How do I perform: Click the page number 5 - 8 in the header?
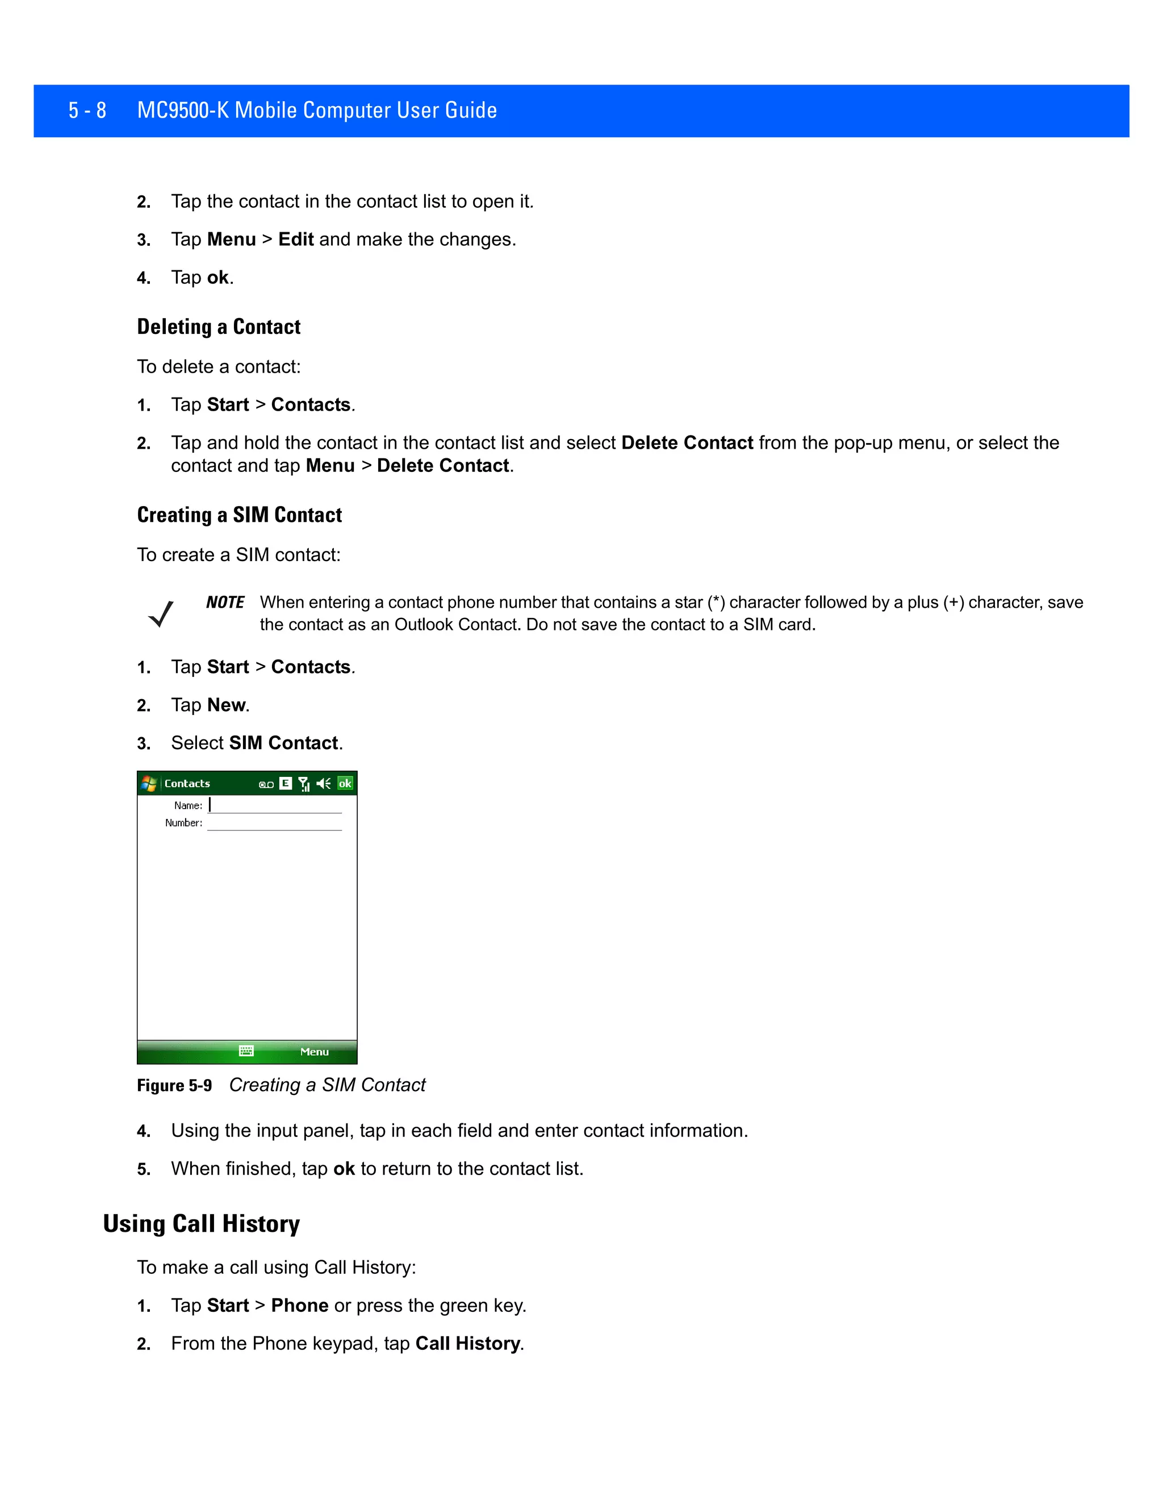(x=87, y=110)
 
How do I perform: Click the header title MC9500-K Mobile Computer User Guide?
(x=317, y=110)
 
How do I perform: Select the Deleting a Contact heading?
(x=219, y=327)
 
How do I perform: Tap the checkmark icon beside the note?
(x=161, y=613)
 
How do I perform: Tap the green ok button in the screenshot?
(x=345, y=784)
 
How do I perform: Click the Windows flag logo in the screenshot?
(x=149, y=784)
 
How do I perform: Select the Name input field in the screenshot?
(x=274, y=805)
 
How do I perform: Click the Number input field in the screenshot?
(x=274, y=823)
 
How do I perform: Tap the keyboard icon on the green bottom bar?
(x=246, y=1051)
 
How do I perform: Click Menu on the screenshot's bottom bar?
(x=314, y=1052)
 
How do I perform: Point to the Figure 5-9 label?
(x=174, y=1085)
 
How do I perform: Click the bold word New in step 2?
(x=226, y=705)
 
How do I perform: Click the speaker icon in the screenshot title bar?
(x=323, y=784)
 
